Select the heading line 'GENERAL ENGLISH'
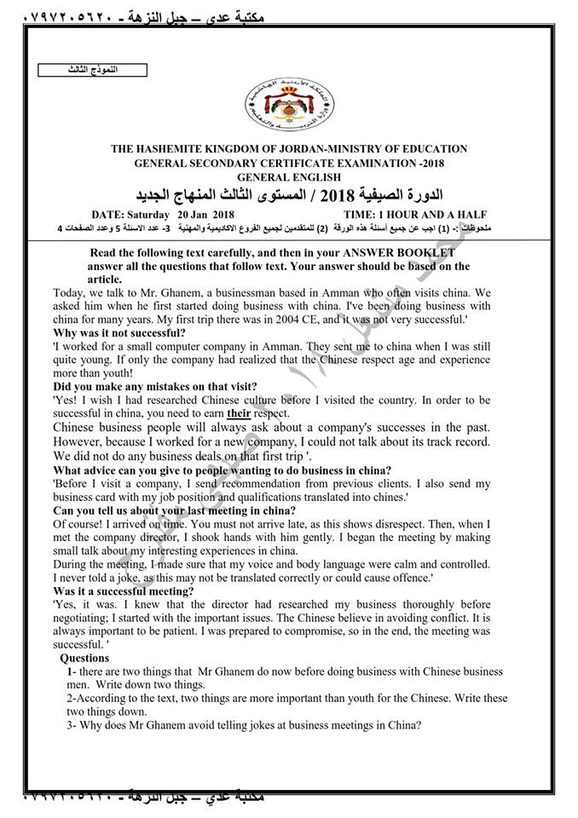290,176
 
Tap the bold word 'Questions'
84,658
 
